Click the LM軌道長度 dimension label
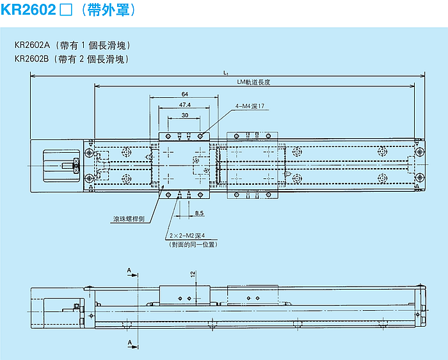click(254, 82)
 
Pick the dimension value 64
click(184, 94)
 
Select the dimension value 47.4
click(184, 104)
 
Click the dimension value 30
click(184, 115)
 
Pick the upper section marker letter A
click(129, 272)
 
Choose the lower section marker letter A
click(129, 343)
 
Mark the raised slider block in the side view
click(185, 295)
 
